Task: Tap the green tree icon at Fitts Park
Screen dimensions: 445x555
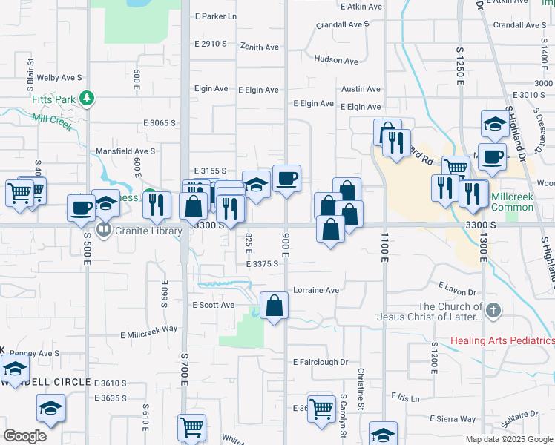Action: [87, 98]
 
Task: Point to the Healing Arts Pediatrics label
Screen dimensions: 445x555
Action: [502, 341]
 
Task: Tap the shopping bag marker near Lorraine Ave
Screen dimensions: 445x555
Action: [275, 306]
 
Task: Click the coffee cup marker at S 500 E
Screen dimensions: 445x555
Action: [82, 208]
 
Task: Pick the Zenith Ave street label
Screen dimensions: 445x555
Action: [260, 47]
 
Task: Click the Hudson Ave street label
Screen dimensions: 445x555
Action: [336, 60]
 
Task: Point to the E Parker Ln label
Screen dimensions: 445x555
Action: [215, 16]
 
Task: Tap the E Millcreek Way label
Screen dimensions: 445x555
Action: [149, 332]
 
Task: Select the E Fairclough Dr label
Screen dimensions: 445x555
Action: [321, 362]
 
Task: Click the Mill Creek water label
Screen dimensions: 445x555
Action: [52, 121]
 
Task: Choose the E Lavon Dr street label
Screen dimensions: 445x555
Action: [457, 287]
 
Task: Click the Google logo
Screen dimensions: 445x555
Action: [24, 436]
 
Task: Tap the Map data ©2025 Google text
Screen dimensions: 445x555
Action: [509, 439]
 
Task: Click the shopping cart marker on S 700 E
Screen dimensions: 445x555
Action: [191, 429]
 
